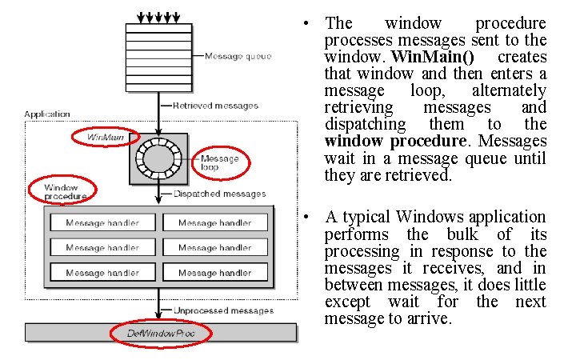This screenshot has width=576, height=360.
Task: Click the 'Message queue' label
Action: click(x=238, y=56)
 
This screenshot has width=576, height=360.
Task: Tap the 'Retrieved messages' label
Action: click(x=215, y=106)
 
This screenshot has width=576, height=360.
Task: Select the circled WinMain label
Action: click(x=106, y=137)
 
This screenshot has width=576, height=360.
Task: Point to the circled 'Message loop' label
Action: click(x=219, y=162)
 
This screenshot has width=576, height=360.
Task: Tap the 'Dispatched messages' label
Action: click(x=219, y=194)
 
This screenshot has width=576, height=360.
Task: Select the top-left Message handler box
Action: click(x=102, y=223)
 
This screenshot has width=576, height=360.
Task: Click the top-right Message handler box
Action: click(x=214, y=223)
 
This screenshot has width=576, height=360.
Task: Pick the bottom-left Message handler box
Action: click(x=102, y=273)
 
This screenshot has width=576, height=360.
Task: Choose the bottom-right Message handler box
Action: click(x=214, y=273)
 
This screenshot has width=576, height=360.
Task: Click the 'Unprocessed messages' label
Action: click(x=223, y=310)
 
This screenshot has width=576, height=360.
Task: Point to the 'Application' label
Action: click(x=47, y=115)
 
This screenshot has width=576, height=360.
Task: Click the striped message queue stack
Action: click(x=159, y=53)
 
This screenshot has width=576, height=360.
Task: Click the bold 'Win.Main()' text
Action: click(x=439, y=58)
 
